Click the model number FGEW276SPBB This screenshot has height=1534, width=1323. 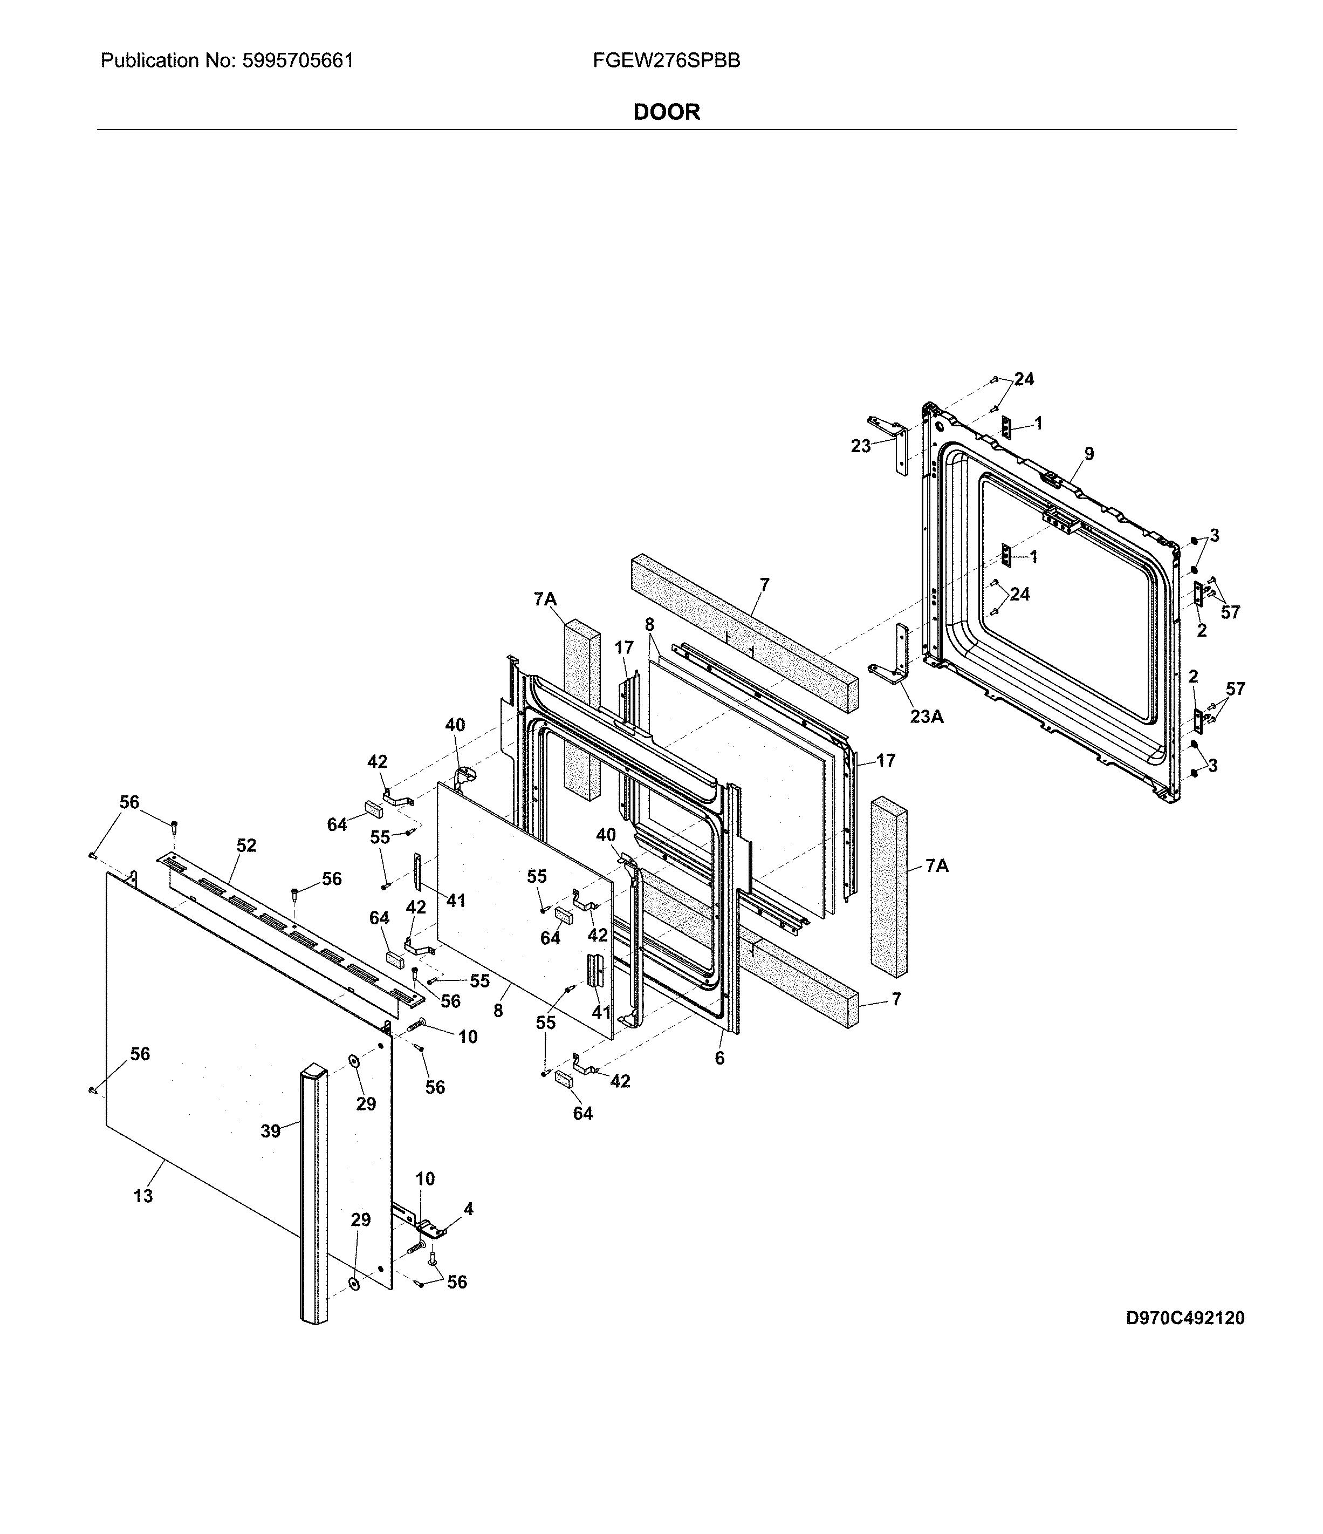(x=666, y=61)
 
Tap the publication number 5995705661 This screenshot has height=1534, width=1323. (x=298, y=61)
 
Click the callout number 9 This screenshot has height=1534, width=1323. (x=1089, y=454)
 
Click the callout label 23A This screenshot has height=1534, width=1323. (x=927, y=717)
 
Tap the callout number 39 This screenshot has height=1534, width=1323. (x=271, y=1131)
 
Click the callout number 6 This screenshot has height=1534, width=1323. (x=719, y=1059)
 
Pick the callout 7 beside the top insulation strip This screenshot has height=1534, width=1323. (x=764, y=585)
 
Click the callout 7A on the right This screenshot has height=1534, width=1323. (x=937, y=865)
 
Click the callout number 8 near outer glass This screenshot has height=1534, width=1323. (x=498, y=1010)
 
